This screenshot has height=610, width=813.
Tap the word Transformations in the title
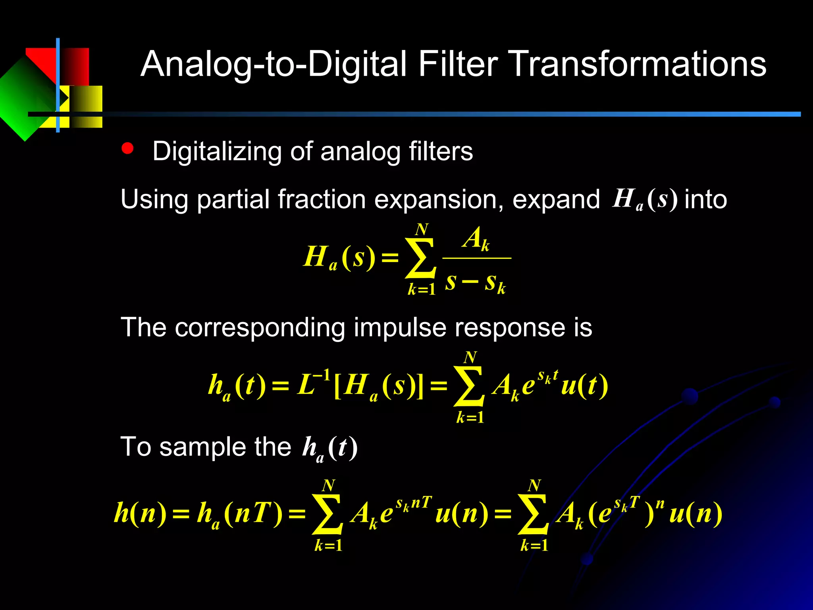pos(639,64)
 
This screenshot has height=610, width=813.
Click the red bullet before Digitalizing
pos(127,149)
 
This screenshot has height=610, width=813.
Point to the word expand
pos(556,200)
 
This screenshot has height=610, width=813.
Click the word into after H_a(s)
pos(705,200)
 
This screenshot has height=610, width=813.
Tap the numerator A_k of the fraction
pos(476,239)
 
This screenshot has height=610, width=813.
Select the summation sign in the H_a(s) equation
pos(420,258)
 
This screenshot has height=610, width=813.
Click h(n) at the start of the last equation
pos(140,513)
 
